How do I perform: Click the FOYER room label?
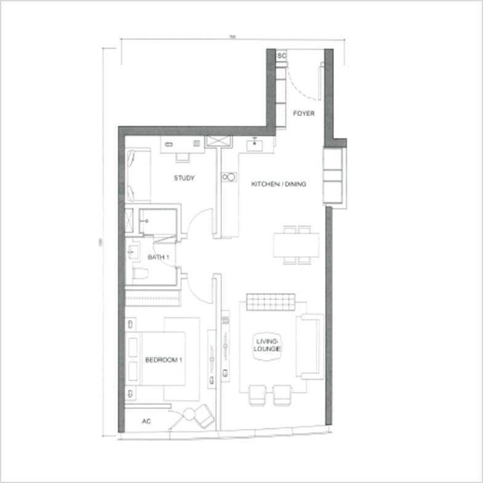click(x=303, y=114)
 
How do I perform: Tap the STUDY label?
click(x=183, y=178)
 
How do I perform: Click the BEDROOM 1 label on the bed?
click(x=164, y=360)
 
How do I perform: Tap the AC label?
click(x=146, y=421)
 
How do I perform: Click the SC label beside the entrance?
click(x=282, y=56)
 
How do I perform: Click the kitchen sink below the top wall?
click(x=255, y=145)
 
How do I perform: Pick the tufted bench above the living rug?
click(x=271, y=303)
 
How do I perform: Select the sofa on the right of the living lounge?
click(x=309, y=345)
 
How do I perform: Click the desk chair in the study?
click(x=183, y=156)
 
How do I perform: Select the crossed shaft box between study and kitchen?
click(x=219, y=142)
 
